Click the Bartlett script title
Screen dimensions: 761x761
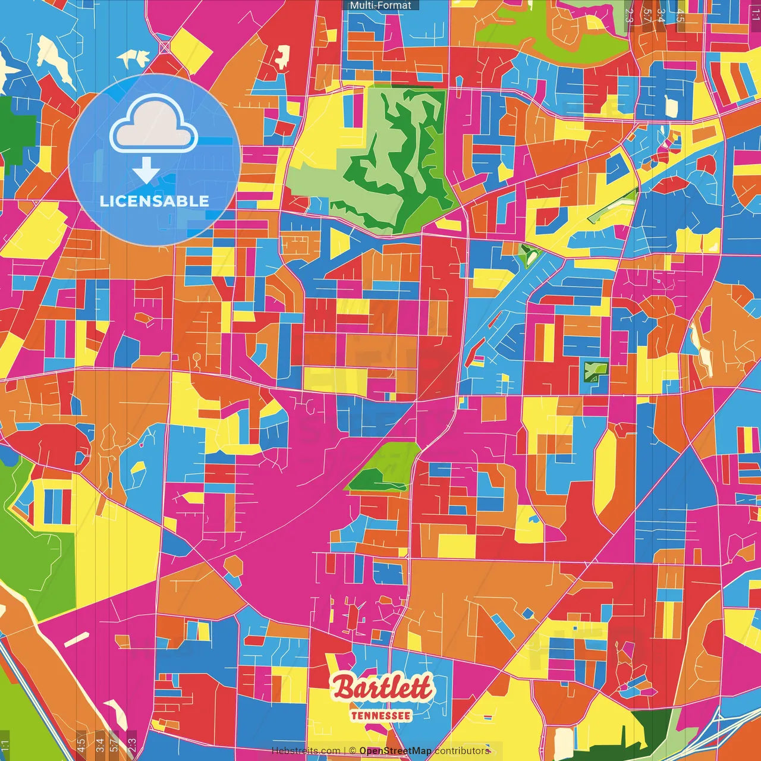pos(382,688)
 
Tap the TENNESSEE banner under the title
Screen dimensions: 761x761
pos(380,716)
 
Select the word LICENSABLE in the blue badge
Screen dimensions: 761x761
pos(155,201)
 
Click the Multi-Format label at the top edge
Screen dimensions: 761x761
pos(380,5)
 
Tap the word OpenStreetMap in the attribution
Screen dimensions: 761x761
pos(395,751)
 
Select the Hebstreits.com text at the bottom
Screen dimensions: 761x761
pos(306,751)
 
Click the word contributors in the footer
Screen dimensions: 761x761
pos(462,751)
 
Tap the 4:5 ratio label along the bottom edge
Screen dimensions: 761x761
pos(80,745)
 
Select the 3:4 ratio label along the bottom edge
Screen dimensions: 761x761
pos(99,745)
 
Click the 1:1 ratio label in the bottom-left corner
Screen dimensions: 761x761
pos(5,745)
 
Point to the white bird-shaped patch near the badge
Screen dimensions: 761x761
pos(133,58)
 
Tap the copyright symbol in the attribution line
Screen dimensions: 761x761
pos(352,751)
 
